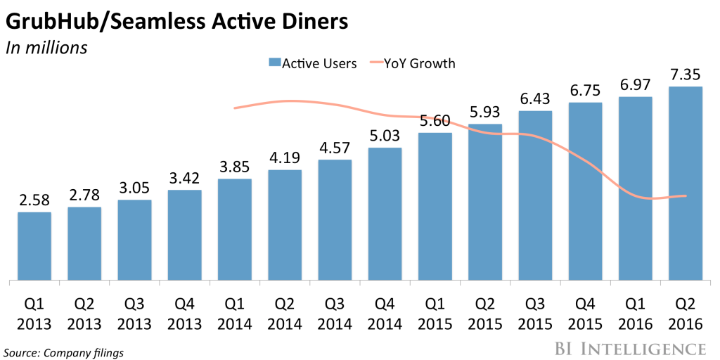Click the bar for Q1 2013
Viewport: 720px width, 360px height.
coord(34,246)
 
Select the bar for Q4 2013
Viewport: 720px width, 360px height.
coord(185,235)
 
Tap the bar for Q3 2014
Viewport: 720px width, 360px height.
coord(335,220)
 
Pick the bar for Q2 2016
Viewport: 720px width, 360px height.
coord(686,184)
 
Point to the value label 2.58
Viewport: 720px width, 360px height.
coord(34,200)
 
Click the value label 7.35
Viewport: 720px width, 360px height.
coord(686,75)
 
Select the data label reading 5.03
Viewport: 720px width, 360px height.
coord(385,136)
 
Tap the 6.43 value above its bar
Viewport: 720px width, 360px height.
coord(535,99)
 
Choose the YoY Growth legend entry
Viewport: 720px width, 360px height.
coord(413,63)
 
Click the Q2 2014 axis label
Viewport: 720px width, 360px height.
coord(285,315)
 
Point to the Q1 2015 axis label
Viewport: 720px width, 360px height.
coord(435,315)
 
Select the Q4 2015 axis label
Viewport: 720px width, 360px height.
coord(585,315)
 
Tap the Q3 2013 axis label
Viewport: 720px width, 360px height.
coord(134,315)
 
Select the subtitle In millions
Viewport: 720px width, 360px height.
coord(46,48)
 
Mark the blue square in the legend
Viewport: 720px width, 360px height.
coord(275,63)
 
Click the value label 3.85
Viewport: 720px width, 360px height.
coord(235,167)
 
